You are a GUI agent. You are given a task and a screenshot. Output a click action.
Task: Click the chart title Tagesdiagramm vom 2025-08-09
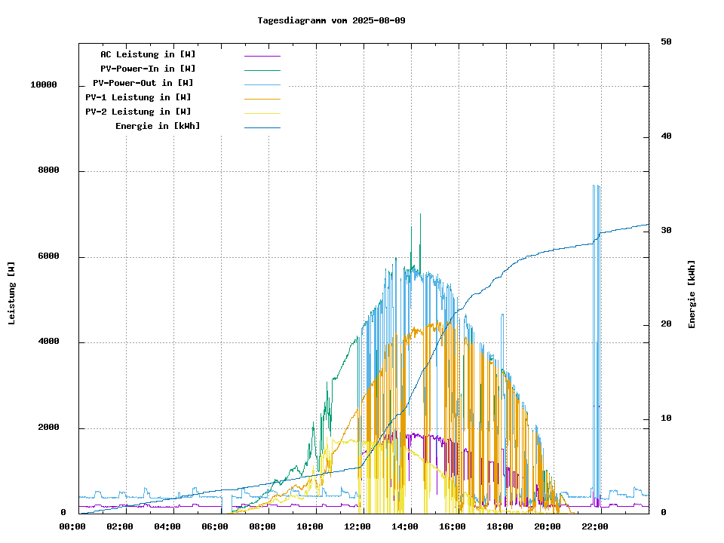click(331, 20)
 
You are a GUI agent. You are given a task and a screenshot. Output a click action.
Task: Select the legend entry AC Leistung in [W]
click(148, 54)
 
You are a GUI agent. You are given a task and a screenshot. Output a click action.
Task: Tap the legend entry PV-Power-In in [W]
click(148, 69)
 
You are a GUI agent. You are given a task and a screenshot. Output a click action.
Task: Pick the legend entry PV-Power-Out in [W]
click(143, 83)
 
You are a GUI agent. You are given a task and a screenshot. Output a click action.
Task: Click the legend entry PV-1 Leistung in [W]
click(138, 97)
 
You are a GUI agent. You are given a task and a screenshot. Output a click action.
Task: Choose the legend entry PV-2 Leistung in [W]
click(138, 112)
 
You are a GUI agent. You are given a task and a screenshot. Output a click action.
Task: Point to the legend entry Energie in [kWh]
click(158, 126)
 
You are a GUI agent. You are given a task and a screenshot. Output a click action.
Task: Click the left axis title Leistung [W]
click(11, 293)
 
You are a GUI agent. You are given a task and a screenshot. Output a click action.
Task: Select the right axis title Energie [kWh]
click(692, 294)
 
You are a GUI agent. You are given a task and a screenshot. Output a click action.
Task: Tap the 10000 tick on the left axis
click(44, 85)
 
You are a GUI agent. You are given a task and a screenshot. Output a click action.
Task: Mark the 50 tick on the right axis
click(666, 42)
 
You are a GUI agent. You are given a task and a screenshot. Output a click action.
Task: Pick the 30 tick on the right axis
click(666, 231)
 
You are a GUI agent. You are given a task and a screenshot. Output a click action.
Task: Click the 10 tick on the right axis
click(666, 419)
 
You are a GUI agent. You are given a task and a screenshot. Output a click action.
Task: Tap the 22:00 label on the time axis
click(595, 526)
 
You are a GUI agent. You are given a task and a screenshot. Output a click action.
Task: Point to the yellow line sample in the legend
click(262, 112)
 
